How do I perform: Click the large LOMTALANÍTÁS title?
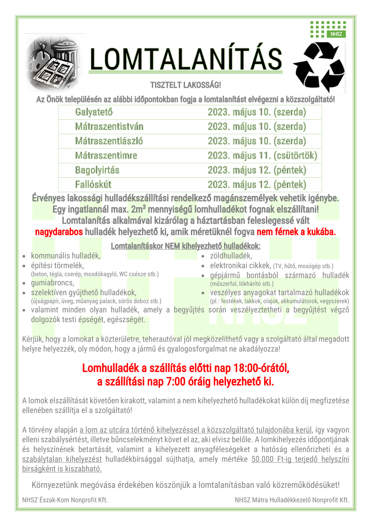tap(186, 59)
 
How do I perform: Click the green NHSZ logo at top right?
tap(327, 30)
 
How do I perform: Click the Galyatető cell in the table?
tap(94, 112)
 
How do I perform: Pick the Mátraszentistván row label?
tap(109, 126)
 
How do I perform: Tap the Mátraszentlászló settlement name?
tap(109, 141)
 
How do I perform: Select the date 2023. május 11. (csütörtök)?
tap(262, 156)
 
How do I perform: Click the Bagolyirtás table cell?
tap(97, 170)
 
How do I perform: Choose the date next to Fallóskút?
tap(257, 184)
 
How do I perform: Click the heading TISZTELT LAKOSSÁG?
tap(185, 85)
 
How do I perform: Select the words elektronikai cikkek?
tap(240, 265)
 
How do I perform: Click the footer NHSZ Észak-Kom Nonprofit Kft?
tap(65, 499)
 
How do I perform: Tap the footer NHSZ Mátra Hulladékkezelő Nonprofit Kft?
tap(291, 499)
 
